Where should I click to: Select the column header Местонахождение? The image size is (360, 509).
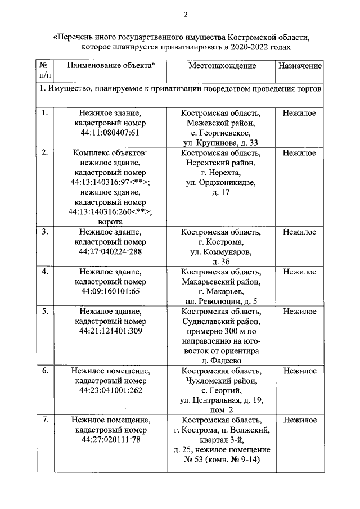coord(222,66)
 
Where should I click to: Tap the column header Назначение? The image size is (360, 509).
coord(299,66)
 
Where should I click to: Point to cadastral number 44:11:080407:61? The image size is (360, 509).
coord(110,133)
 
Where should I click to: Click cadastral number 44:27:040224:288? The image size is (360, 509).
coord(110,251)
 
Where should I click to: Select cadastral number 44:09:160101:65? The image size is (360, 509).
coord(110,291)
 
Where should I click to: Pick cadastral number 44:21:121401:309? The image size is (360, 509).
coord(110,331)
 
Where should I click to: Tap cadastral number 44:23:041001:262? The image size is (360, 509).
coord(110,391)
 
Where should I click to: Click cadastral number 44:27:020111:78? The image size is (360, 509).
coord(110,440)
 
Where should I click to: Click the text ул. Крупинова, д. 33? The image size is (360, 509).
coord(222,143)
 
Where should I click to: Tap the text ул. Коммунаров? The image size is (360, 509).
coord(222,251)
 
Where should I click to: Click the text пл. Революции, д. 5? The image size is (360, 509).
coord(222,301)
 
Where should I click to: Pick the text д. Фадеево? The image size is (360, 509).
coord(222,361)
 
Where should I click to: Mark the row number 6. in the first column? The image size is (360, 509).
coord(44,371)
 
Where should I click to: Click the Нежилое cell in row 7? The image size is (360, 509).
coord(299,420)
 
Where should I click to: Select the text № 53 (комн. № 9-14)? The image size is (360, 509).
coord(222,460)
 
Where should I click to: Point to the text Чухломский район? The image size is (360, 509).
coord(222,381)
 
